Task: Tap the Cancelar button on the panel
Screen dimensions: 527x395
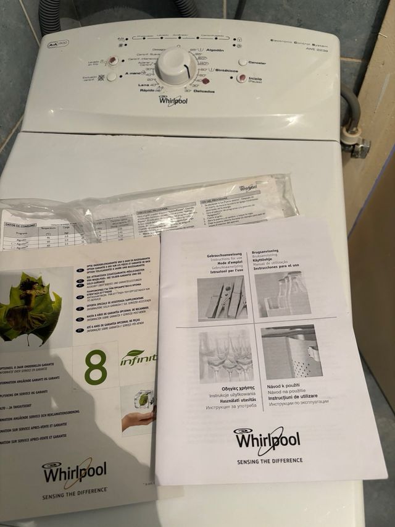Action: [243, 62]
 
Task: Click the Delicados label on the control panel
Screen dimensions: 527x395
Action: [204, 91]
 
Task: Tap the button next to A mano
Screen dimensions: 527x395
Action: [111, 77]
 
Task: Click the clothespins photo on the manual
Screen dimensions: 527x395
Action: [222, 297]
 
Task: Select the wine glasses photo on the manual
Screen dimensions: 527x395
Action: [225, 355]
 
